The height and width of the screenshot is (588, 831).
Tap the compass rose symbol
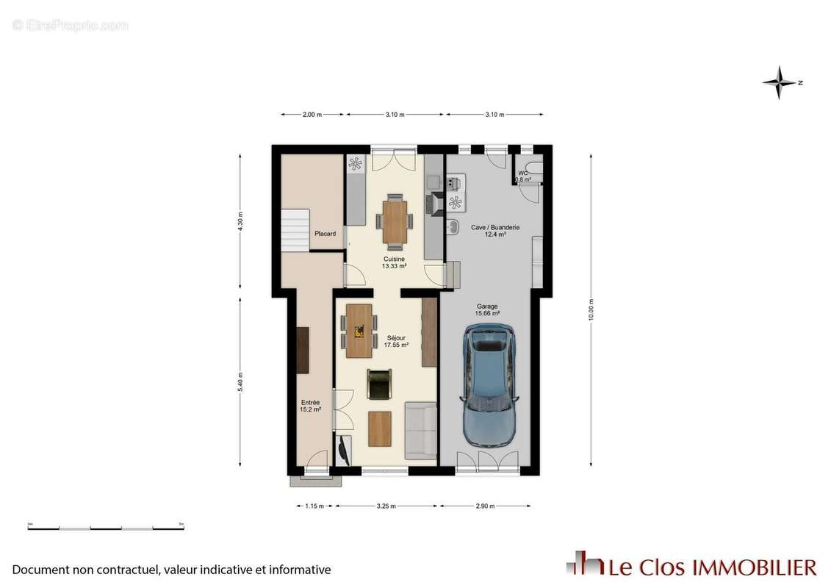780,82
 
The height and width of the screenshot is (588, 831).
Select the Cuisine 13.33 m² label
394,263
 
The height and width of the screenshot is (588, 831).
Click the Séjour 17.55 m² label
396,341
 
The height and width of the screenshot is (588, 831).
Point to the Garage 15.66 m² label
487,309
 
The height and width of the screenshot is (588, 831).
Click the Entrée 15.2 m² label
310,406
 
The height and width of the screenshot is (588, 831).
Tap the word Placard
325,234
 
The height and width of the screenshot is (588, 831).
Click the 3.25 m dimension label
386,506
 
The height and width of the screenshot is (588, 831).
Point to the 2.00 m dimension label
312,115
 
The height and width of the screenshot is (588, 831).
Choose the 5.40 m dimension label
240,383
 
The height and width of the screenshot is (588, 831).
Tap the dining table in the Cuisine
395,221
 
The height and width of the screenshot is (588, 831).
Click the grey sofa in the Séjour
420,430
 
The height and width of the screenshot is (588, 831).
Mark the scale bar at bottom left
106,528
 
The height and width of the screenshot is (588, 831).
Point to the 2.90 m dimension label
486,506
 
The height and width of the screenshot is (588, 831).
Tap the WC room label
522,176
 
